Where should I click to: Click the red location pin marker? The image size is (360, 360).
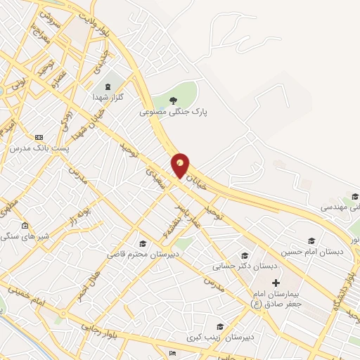181,165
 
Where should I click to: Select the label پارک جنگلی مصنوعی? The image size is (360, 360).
174,111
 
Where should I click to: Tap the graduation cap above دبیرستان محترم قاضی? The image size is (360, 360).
144,243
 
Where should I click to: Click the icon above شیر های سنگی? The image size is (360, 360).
25,226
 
